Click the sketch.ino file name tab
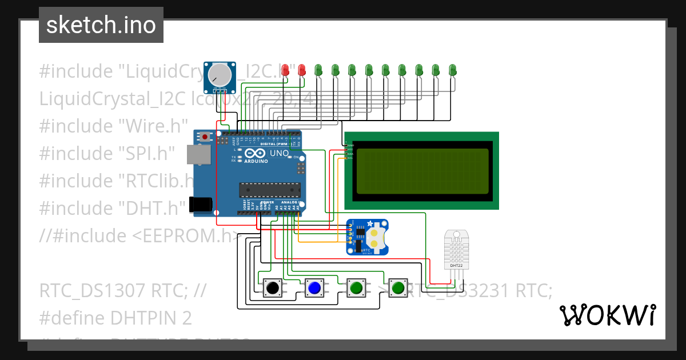tap(101, 25)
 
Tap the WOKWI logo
tap(607, 315)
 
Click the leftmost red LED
tap(285, 70)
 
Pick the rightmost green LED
tap(453, 70)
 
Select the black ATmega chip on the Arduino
tap(270, 189)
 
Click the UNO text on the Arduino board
tap(279, 153)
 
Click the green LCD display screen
tap(422, 170)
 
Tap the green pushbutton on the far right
tap(397, 288)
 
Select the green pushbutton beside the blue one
tap(356, 288)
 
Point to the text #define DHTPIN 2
tap(115, 318)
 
